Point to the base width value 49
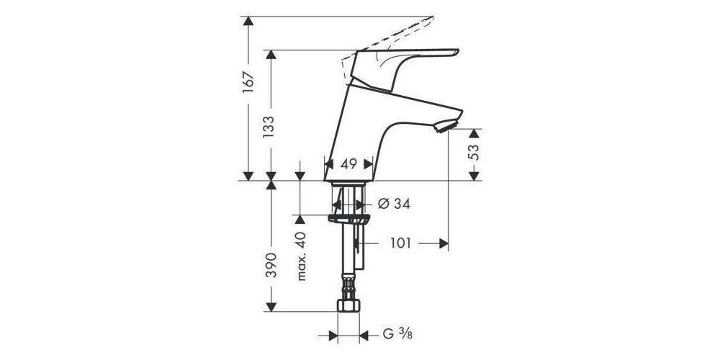(348, 164)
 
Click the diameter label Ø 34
(394, 204)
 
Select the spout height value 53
(474, 154)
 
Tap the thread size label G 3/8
(398, 334)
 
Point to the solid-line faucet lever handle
(410, 61)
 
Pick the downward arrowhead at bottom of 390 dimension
(271, 305)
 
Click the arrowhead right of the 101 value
(443, 243)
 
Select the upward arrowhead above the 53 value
(474, 135)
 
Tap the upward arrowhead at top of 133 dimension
(271, 56)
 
